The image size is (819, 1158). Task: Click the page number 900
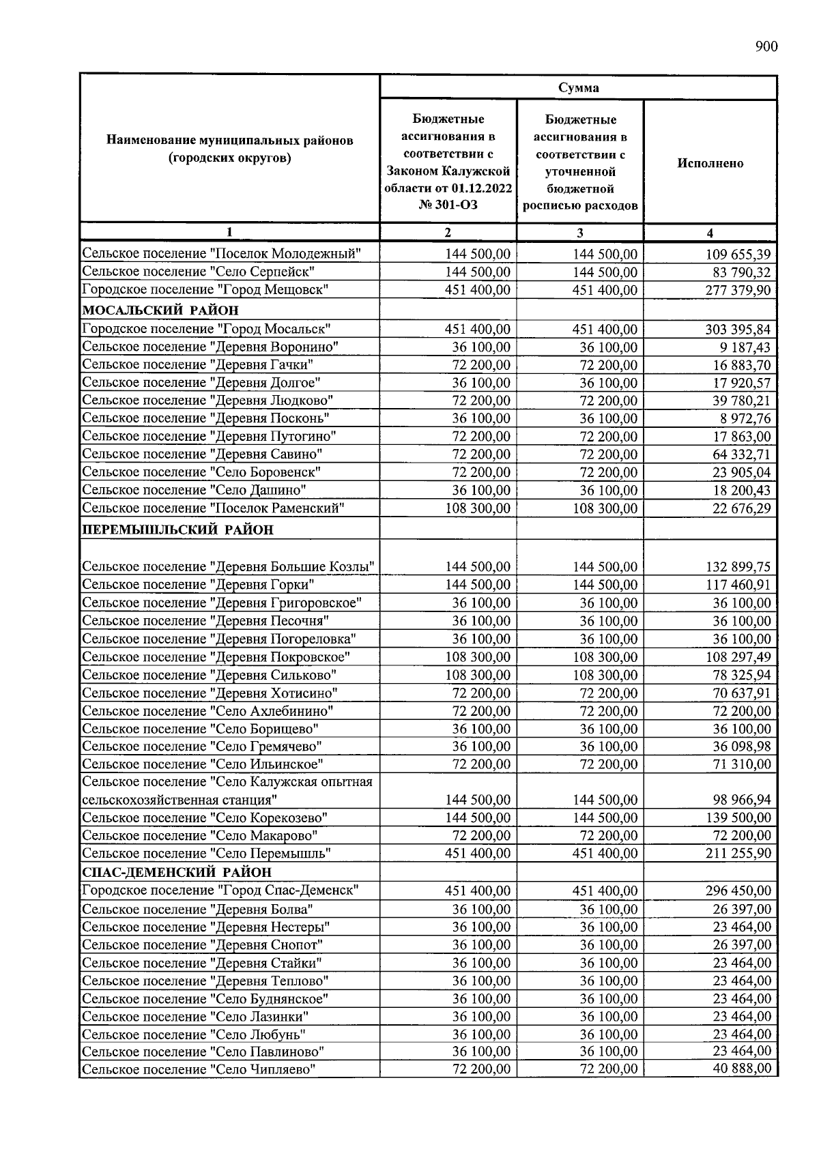pos(766,46)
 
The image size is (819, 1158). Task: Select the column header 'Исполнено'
pos(710,163)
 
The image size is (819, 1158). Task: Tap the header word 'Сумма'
pos(579,87)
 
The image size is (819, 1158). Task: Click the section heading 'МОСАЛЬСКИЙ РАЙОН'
pos(160,310)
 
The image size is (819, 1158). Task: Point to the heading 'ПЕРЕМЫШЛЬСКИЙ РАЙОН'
pos(177,530)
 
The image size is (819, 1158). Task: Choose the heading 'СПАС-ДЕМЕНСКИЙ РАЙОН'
pos(177,872)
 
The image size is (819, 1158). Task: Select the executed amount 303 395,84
pos(738,330)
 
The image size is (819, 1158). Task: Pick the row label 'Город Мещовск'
pos(205,289)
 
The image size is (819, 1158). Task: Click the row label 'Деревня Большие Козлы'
pos(229,566)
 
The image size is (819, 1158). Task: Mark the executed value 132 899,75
pos(738,567)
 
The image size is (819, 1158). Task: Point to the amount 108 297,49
pos(738,657)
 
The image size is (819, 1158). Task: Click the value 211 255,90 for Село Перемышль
pos(738,854)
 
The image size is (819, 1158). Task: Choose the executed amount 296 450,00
pos(738,891)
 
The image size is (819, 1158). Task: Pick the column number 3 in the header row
pos(579,233)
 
